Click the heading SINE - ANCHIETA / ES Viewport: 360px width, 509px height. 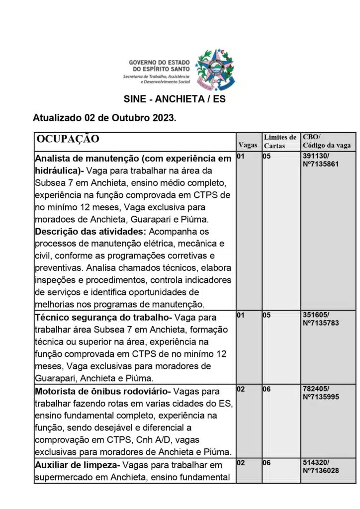click(175, 99)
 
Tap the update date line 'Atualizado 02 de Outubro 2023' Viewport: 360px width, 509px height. click(104, 118)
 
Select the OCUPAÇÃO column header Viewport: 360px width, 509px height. click(68, 139)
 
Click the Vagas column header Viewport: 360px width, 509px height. click(248, 145)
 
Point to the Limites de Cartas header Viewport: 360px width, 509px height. click(280, 141)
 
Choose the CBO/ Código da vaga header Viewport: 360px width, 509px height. click(326, 141)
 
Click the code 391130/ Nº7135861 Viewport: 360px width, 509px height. click(320, 160)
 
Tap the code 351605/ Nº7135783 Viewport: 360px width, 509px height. click(320, 319)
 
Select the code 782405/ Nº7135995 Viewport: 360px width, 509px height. click(320, 393)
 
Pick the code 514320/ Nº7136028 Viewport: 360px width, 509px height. click(320, 466)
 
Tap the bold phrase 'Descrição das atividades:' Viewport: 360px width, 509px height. click(90, 232)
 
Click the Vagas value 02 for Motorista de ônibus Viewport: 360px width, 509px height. click(241, 389)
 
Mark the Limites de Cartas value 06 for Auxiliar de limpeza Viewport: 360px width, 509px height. click(267, 462)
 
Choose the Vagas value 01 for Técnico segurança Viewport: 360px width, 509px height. click(241, 315)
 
